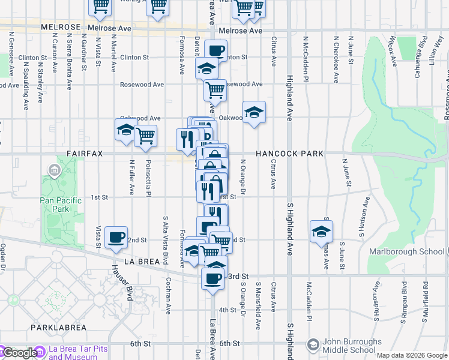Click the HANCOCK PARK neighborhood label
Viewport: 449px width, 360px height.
(x=290, y=154)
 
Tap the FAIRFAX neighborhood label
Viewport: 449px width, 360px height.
(x=85, y=154)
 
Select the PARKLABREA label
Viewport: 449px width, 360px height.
(x=59, y=328)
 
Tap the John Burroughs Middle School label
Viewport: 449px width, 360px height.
(x=352, y=346)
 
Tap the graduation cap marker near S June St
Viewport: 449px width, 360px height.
(x=322, y=230)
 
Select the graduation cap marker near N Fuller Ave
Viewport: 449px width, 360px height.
(x=126, y=129)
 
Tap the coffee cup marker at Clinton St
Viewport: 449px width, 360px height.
(x=216, y=50)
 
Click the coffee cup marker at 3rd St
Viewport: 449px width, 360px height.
(x=212, y=278)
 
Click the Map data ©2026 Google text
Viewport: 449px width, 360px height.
(x=412, y=355)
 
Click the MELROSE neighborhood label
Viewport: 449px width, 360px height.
(x=61, y=28)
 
